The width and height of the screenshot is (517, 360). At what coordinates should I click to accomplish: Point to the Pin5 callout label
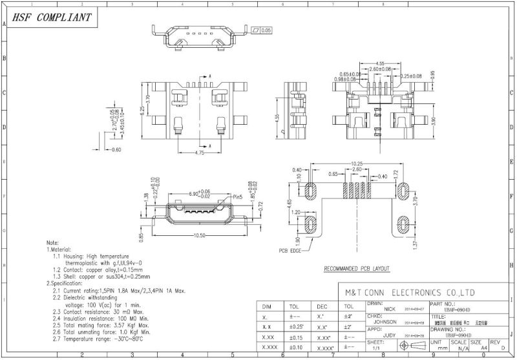pyautogui.click(x=237, y=196)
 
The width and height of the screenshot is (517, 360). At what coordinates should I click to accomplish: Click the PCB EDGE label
pyautogui.click(x=291, y=250)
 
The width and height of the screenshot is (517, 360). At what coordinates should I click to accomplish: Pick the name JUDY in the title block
pyautogui.click(x=389, y=335)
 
